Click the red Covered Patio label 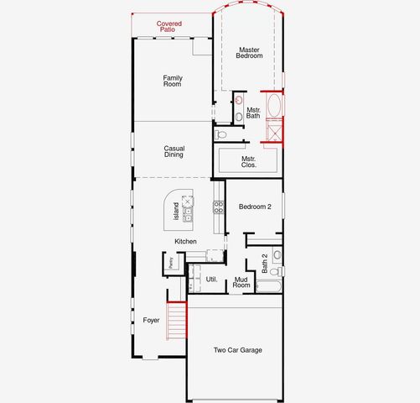pos(171,27)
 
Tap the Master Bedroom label pos(250,52)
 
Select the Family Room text pos(173,81)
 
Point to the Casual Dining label pos(174,151)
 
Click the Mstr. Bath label pos(252,112)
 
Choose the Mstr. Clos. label pos(249,161)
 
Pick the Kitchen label pos(185,242)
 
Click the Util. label pos(211,278)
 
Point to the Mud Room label pos(241,282)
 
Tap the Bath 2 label pos(265,263)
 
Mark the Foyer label pos(151,320)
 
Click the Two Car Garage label pos(237,350)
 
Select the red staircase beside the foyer pos(175,321)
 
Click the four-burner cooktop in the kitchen pos(219,207)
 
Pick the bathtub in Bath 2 pos(268,286)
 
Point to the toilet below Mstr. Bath pos(221,133)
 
